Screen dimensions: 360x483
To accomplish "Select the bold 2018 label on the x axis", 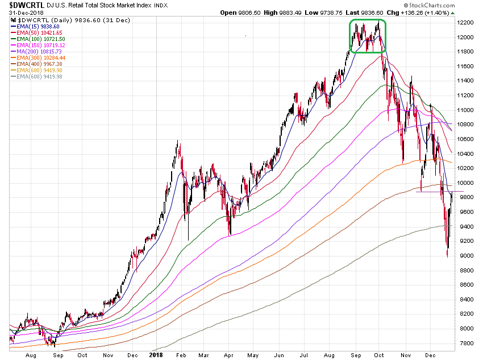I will pos(155,354).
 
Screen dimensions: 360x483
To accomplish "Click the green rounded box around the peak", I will pos(367,36).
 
